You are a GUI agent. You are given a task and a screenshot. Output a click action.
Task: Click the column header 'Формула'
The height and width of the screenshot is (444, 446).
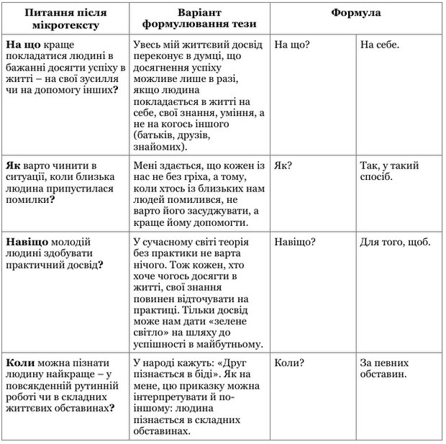[356, 13]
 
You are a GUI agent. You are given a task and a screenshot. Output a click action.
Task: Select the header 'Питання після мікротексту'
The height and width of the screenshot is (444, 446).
[66, 19]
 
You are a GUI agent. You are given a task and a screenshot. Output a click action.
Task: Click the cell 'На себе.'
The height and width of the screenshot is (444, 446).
[379, 45]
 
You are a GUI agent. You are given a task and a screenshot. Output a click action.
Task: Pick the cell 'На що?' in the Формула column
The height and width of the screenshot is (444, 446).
[292, 45]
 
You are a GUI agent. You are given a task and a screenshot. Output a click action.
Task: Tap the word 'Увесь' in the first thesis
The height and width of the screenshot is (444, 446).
[148, 45]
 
